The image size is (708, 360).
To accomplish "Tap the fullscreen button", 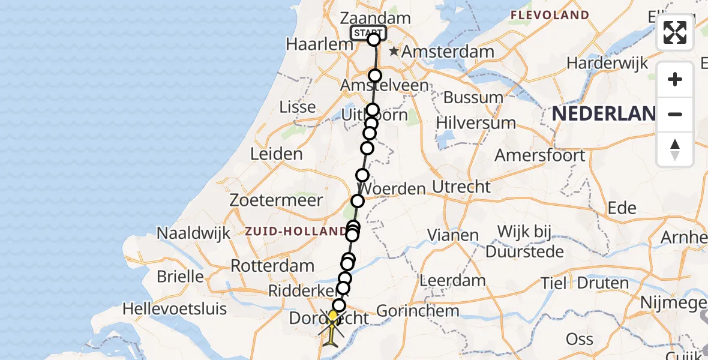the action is tap(675, 32).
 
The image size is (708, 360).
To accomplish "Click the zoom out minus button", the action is tap(675, 114).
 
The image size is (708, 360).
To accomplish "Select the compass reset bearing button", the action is tap(675, 149).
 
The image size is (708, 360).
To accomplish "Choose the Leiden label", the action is tap(277, 154).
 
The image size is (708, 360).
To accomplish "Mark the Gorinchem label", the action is tap(418, 311).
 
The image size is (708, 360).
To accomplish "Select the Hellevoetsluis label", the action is tap(175, 309).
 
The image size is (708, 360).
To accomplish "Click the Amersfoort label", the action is tap(540, 155).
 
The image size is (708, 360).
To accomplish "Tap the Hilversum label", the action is tap(476, 123).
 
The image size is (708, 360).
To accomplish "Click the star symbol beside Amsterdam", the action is tap(394, 52).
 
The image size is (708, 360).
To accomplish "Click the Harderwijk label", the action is tap(607, 63).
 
